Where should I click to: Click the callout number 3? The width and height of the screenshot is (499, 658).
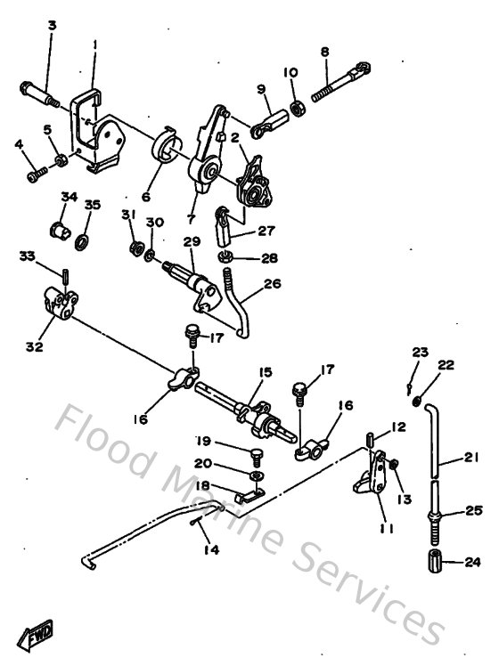[x=52, y=26]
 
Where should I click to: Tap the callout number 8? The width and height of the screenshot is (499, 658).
[x=325, y=53]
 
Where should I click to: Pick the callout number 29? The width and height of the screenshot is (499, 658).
[x=189, y=242]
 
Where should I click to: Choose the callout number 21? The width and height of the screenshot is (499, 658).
[x=470, y=460]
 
